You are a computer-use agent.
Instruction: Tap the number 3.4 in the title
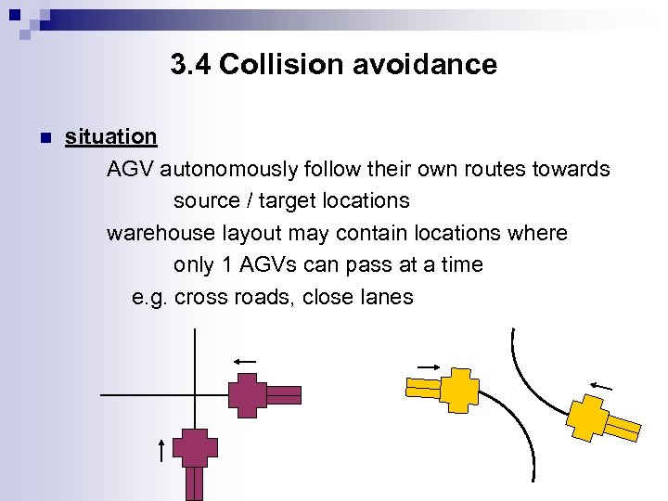coord(191,64)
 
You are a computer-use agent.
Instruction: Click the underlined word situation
coord(110,136)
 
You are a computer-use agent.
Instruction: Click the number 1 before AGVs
coord(227,264)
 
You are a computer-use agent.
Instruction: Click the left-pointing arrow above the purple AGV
coord(244,362)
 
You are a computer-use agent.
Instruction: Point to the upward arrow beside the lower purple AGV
coord(161,449)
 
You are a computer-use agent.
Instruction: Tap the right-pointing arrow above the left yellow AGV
coord(430,365)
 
